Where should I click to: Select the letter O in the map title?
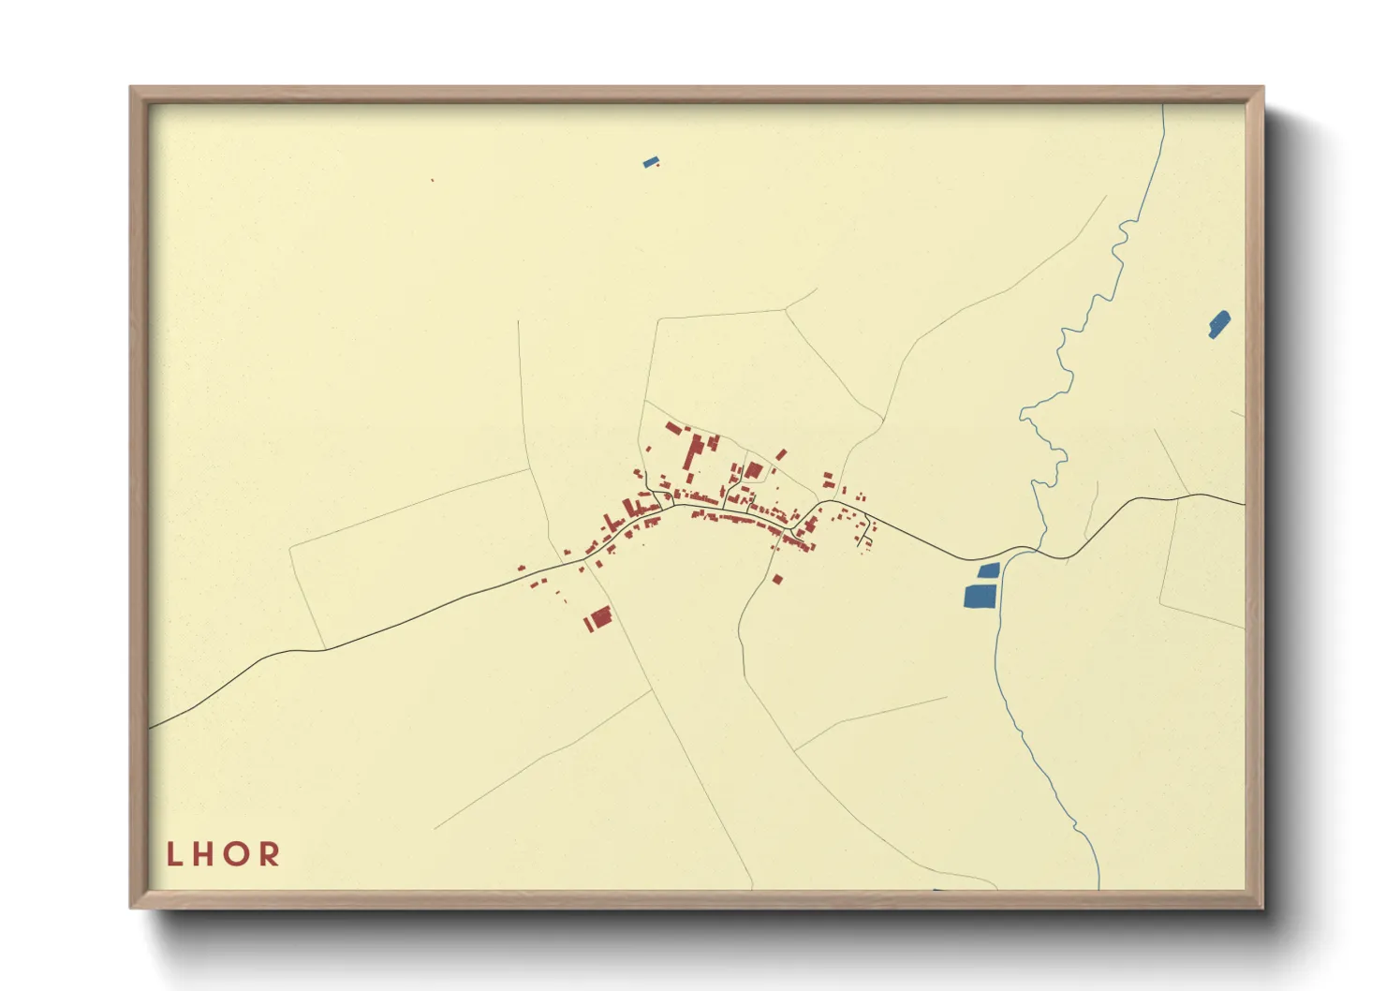235,853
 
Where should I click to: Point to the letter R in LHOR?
270,853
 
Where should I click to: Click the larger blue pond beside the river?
980,596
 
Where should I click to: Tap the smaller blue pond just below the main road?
989,569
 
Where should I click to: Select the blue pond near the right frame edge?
1218,324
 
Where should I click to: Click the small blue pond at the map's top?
650,162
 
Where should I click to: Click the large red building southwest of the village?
600,616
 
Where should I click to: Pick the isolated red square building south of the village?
777,580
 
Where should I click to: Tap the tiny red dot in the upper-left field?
432,180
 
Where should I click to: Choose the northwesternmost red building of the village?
671,428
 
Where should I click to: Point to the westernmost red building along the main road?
522,567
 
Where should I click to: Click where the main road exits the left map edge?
151,727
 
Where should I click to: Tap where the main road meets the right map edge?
1244,504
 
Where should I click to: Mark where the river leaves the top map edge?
1164,106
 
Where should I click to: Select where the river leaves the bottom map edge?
1098,887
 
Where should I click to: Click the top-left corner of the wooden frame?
132,88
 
